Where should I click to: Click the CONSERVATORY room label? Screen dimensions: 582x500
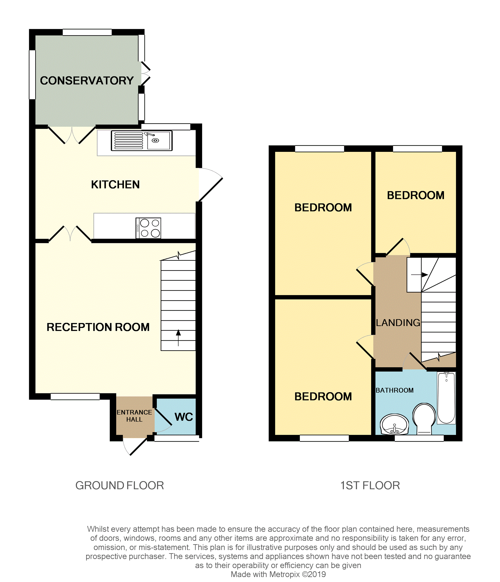point(87,80)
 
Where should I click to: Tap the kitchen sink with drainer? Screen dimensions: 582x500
point(141,140)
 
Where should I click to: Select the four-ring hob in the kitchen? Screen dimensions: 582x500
point(148,228)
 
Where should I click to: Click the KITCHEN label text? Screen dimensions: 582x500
point(115,184)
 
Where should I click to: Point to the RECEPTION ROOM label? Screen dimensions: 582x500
point(98,327)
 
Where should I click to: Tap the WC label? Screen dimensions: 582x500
point(184,417)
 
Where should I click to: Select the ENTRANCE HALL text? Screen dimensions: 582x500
point(134,416)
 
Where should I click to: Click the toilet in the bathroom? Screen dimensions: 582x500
point(424,418)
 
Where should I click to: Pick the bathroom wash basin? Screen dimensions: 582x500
point(394,424)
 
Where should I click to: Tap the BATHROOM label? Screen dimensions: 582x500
point(394,390)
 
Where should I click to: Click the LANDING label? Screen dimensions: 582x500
point(398,322)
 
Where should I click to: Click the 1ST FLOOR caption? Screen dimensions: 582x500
point(370,485)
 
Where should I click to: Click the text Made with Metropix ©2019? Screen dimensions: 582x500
point(278,574)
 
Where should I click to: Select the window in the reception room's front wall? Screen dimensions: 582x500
point(75,396)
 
